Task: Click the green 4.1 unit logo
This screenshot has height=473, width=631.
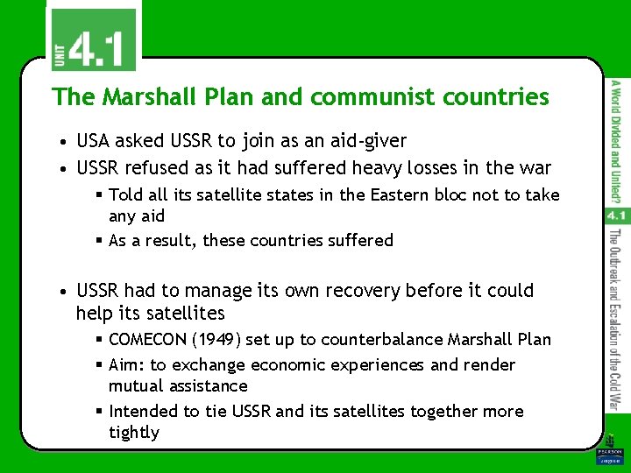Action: coord(92,40)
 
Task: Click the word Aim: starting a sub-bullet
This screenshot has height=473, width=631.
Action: coord(128,364)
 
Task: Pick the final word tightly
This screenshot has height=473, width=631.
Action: coord(134,433)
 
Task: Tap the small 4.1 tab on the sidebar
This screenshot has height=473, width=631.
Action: coord(615,215)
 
